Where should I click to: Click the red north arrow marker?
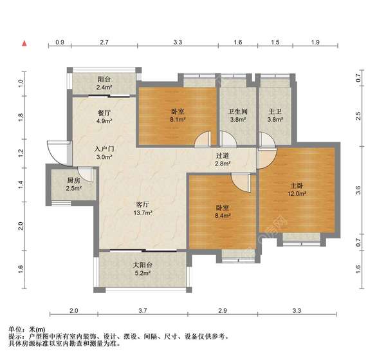click(x=24, y=43)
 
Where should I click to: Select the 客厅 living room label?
click(x=142, y=204)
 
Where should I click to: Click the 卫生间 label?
click(x=237, y=110)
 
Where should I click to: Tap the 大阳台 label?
click(x=142, y=265)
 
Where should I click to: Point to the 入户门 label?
click(x=104, y=147)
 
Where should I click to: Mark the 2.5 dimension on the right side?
click(x=358, y=116)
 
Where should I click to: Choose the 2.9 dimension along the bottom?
click(x=222, y=311)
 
